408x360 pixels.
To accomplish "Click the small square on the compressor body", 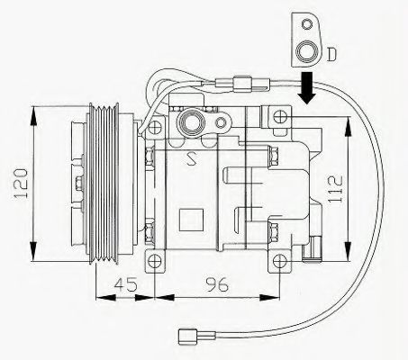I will (x=192, y=218).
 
